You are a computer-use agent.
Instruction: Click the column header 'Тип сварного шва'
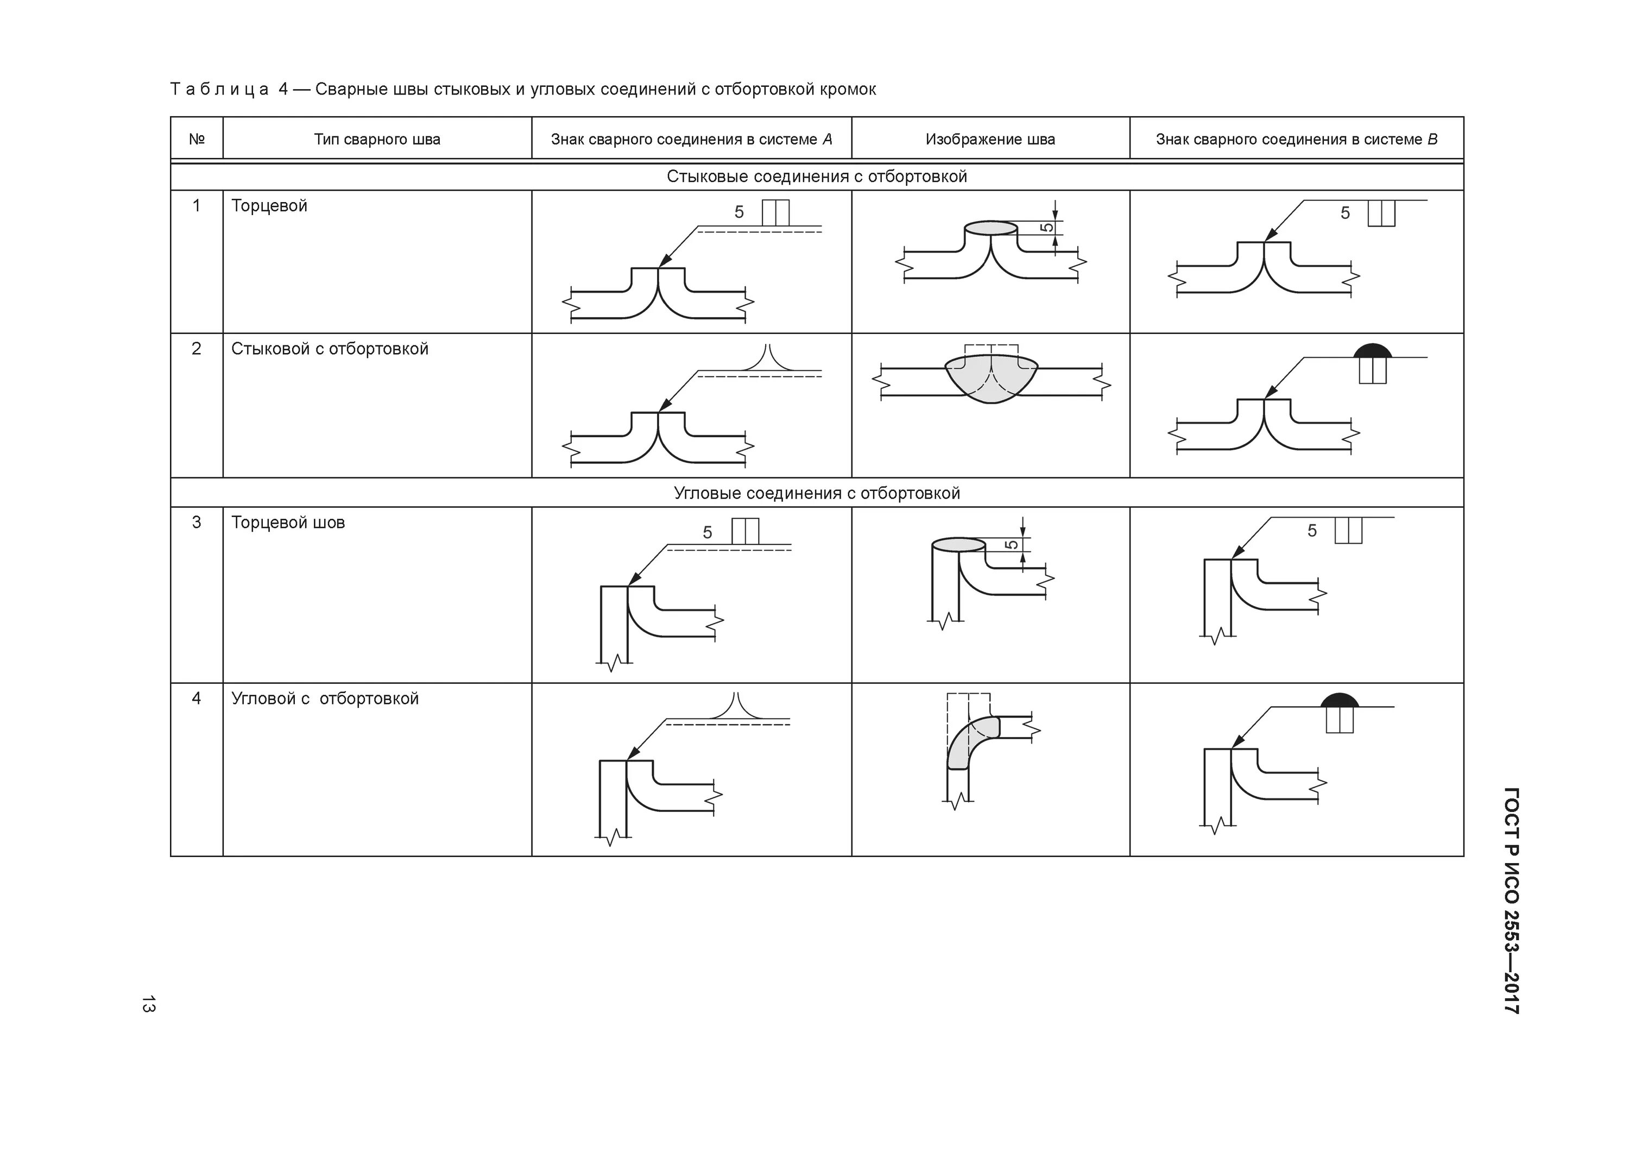pos(377,139)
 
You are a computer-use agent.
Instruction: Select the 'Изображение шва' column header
pos(990,139)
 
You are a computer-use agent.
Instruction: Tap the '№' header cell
pos(197,139)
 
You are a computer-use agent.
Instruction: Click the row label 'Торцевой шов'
pos(288,523)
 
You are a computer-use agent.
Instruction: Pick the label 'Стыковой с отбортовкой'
pos(330,349)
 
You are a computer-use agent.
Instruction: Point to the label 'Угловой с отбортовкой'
pos(325,698)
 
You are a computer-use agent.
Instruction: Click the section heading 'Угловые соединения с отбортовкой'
pos(817,493)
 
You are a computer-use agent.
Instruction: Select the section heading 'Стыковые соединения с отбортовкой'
pos(817,176)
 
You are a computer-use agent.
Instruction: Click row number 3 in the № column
pos(197,523)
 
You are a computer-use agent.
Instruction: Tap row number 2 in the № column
pos(197,349)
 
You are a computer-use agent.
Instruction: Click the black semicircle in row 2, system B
pos(1372,351)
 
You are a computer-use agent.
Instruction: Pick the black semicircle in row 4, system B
pos(1340,701)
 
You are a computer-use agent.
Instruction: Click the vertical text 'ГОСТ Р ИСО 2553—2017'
pos(1511,901)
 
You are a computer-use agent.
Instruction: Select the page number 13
pos(148,1004)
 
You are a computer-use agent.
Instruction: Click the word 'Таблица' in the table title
pos(219,90)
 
